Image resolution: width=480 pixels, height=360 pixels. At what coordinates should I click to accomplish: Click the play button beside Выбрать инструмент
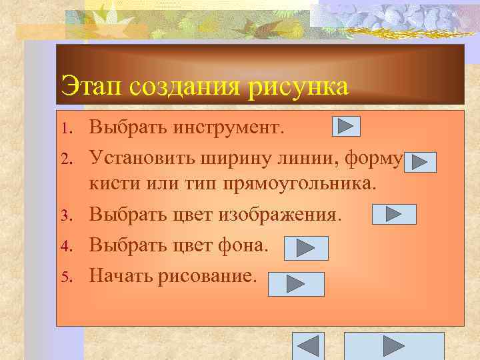345,126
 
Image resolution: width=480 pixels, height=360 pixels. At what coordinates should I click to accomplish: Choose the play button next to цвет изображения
393,214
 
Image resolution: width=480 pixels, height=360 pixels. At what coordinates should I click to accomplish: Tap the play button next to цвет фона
306,248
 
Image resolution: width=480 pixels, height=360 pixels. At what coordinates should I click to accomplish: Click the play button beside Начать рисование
295,284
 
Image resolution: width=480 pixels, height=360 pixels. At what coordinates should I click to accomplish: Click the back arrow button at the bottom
308,346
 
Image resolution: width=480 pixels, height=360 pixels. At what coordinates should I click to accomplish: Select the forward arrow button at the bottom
393,346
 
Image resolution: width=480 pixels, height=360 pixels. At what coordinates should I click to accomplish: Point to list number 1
65,127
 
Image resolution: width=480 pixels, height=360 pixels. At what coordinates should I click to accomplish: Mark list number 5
65,275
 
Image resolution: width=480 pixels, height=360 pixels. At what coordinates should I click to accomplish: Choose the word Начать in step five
120,275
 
